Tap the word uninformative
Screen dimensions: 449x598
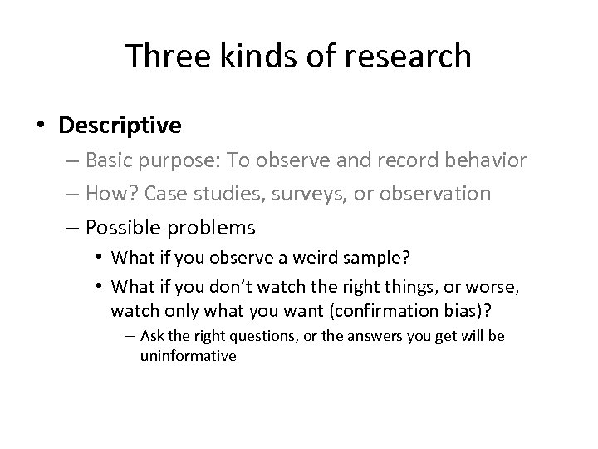pyautogui.click(x=189, y=356)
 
